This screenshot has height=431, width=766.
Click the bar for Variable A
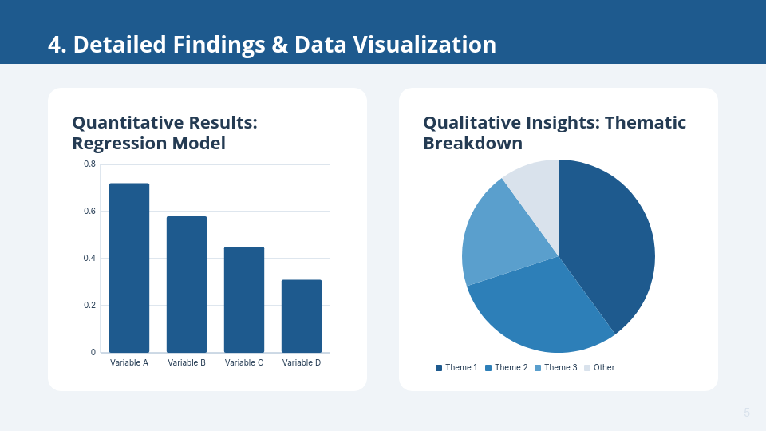pos(129,268)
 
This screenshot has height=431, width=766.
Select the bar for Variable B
pos(187,284)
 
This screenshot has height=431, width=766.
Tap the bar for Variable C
pos(244,299)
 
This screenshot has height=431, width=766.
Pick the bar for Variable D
pos(302,316)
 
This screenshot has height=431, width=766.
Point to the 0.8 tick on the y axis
pos(90,164)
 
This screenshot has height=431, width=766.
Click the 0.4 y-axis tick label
pos(90,258)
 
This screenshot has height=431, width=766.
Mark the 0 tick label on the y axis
pos(93,352)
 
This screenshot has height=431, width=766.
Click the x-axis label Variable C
pos(244,362)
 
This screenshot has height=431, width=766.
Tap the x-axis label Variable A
pos(129,362)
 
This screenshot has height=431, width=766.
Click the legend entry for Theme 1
pos(456,367)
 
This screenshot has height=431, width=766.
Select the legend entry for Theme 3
pos(556,367)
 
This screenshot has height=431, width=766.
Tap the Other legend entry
pos(599,367)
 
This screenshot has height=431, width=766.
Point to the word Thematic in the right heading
pos(646,123)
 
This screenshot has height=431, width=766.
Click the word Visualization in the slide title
pos(424,45)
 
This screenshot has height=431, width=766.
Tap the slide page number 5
pos(747,413)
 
